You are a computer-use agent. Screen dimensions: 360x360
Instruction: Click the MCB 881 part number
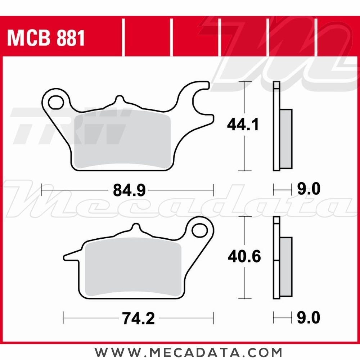click(x=46, y=38)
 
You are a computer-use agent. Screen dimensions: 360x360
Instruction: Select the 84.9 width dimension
click(x=129, y=190)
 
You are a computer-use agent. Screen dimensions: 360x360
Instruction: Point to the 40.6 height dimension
click(x=244, y=257)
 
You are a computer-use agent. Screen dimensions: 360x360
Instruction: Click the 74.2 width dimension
click(x=138, y=319)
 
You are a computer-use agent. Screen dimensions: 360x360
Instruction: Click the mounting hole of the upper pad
click(x=56, y=102)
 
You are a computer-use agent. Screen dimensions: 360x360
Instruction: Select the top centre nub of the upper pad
click(x=120, y=100)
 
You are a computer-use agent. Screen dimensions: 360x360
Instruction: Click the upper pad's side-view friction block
click(x=286, y=139)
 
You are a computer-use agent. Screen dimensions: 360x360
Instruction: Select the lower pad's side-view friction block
click(x=286, y=266)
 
